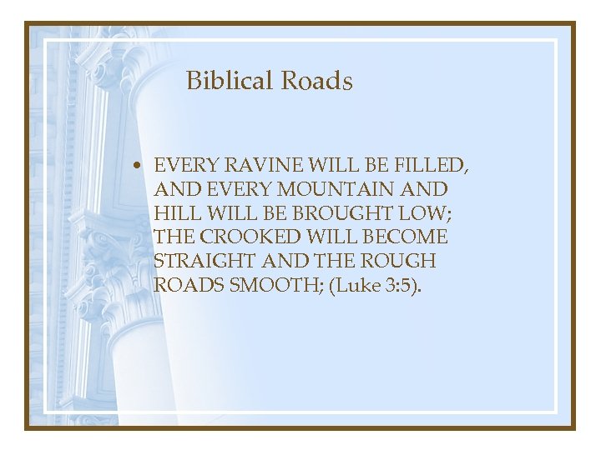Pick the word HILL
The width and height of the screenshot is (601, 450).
[x=173, y=213]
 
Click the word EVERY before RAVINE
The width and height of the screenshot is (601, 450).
[x=183, y=166]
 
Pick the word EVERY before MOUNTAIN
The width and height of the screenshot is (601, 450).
[x=235, y=189]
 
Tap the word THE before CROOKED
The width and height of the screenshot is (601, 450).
[x=173, y=237]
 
